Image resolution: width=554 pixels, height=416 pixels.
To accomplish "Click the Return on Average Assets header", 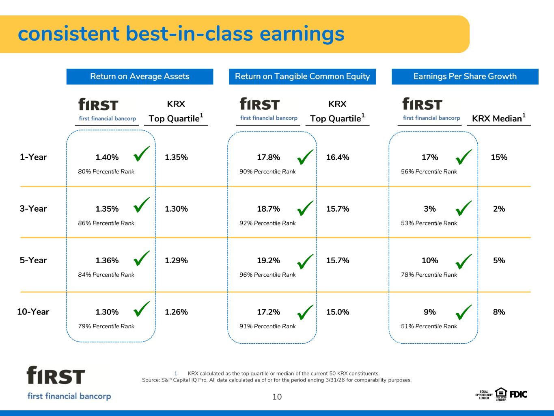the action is tap(140, 76).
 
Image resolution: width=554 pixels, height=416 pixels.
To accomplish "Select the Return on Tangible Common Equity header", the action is tap(302, 76).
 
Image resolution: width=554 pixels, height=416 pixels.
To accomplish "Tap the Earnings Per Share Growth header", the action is tap(465, 76).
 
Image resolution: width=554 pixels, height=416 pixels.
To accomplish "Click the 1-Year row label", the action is tap(33, 157).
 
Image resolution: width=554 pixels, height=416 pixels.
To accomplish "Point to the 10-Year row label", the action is tap(33, 312).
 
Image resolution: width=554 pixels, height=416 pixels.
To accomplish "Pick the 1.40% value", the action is tap(107, 157).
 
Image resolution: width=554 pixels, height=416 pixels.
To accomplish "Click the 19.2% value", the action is tap(268, 260).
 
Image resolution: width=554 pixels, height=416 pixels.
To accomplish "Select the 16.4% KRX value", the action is tap(338, 157).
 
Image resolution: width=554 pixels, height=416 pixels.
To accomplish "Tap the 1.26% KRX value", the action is tap(176, 312).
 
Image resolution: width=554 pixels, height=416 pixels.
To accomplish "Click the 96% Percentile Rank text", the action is tap(267, 275).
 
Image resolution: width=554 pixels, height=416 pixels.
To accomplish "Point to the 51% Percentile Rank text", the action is tap(429, 326).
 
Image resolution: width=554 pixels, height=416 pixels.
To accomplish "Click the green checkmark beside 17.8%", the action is tap(305, 157).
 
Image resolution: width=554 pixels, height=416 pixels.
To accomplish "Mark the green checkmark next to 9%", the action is tap(463, 312).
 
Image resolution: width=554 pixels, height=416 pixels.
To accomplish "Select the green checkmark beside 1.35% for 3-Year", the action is tap(142, 205).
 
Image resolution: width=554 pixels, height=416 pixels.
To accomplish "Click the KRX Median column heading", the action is tap(499, 118).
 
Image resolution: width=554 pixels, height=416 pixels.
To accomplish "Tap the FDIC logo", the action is tap(518, 394).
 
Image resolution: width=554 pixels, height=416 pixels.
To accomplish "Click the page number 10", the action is tap(277, 397).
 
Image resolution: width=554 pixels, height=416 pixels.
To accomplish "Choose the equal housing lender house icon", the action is tap(501, 394).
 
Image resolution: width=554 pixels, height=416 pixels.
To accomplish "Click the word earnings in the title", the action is tap(302, 34).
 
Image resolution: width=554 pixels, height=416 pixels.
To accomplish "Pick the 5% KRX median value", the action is tap(499, 260).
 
